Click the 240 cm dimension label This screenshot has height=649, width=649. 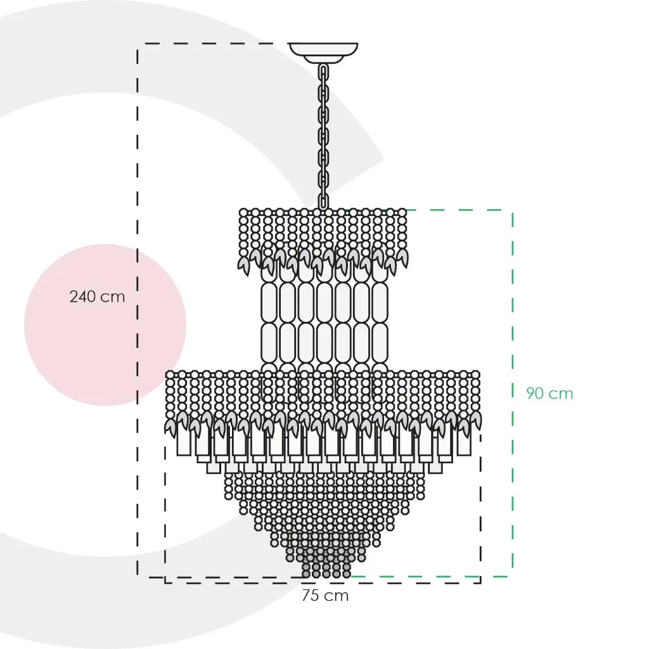point(97,297)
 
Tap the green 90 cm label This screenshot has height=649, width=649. point(549,393)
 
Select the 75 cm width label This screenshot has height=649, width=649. point(325,596)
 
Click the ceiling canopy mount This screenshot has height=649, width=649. point(323,53)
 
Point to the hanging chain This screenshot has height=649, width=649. point(323,136)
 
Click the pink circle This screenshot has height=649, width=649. point(105,324)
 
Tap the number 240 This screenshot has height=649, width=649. point(83,297)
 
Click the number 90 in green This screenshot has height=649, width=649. point(535,393)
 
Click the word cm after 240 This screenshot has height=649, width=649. point(113,298)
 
